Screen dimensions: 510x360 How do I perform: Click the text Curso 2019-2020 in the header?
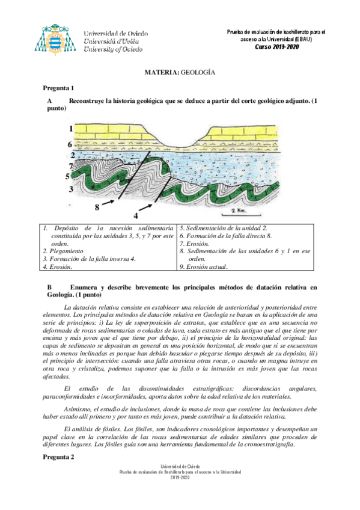pyautogui.click(x=276, y=46)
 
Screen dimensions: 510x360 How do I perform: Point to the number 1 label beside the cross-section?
pyautogui.click(x=70, y=129)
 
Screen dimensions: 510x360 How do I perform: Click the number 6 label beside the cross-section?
pyautogui.click(x=70, y=144)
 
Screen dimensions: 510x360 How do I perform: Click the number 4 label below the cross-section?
pyautogui.click(x=136, y=215)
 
